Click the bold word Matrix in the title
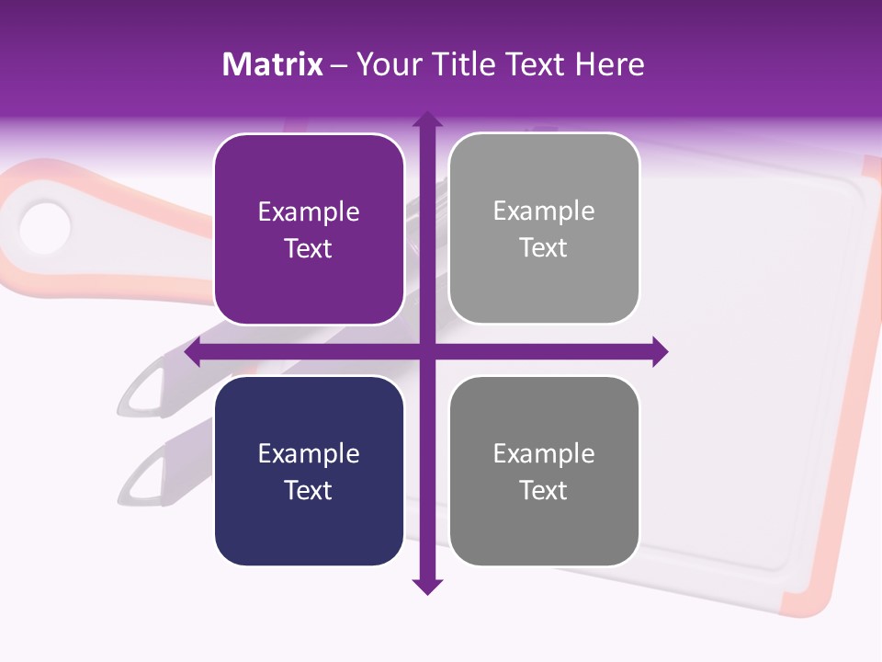[x=273, y=64]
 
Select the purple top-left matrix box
[x=309, y=230]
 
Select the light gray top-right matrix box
[x=544, y=229]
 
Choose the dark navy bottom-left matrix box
[x=309, y=471]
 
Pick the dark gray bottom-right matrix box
[x=544, y=471]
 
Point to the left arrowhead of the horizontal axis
[x=193, y=351]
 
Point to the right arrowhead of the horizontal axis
[x=660, y=351]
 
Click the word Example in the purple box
[x=309, y=212]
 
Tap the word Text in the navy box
[x=309, y=490]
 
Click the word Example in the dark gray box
[x=544, y=453]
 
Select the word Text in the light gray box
[x=544, y=248]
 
